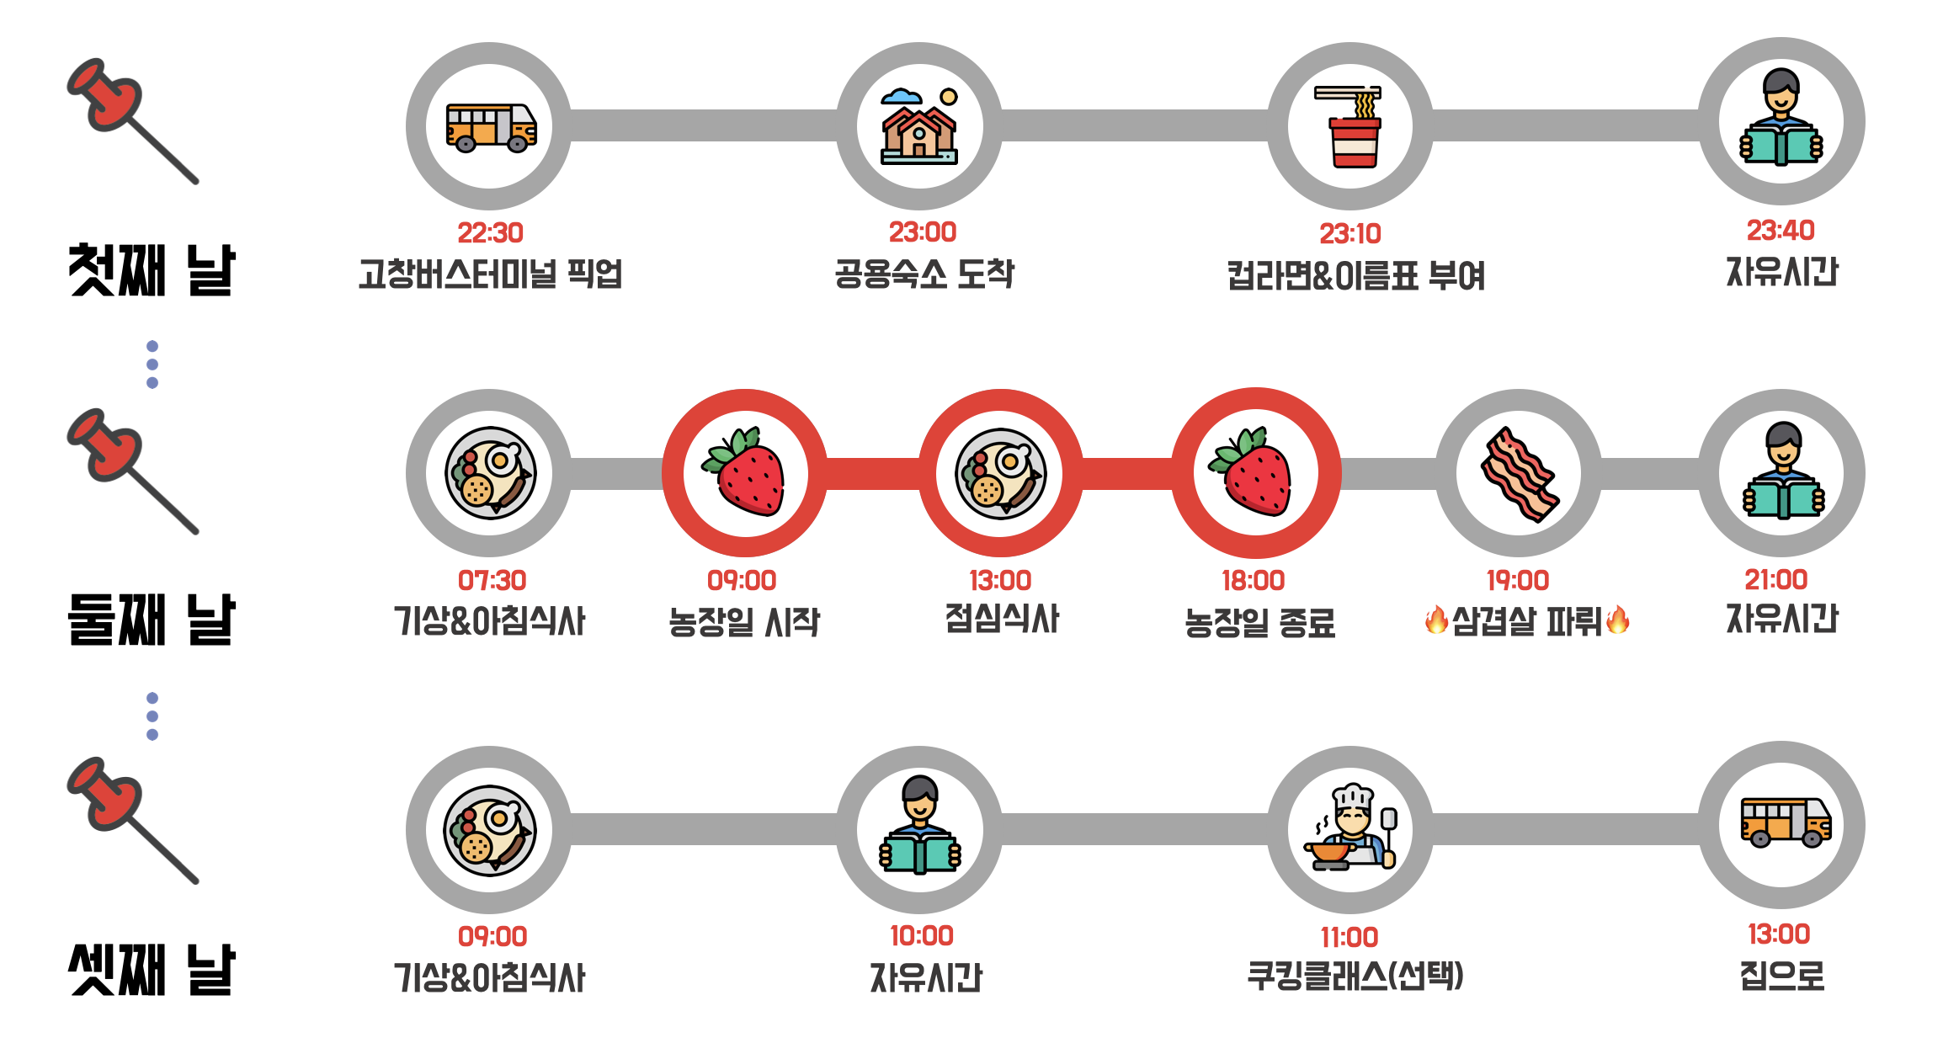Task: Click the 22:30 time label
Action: point(490,232)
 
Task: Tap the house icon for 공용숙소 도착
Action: point(919,126)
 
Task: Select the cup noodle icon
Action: point(1352,126)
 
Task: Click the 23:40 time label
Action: point(1780,230)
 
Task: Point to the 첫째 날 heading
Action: point(152,270)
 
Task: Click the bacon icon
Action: point(1519,474)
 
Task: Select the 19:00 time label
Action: point(1517,580)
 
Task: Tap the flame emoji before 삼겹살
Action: point(1436,620)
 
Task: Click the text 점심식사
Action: point(1002,619)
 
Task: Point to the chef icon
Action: point(1350,828)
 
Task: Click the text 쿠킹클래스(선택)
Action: point(1355,976)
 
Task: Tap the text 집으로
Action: point(1781,976)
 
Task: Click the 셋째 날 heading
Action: point(152,970)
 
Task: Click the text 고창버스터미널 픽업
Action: point(490,274)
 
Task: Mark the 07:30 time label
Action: point(492,580)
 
